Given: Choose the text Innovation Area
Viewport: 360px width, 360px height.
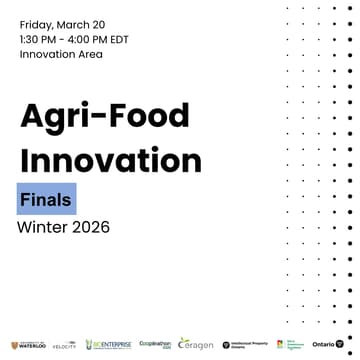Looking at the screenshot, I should click(61, 54).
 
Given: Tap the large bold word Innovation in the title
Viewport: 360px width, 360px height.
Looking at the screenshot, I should click(110, 159).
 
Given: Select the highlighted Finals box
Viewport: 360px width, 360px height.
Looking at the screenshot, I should click(46, 199).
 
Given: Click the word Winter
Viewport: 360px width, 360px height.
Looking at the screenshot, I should click(42, 227).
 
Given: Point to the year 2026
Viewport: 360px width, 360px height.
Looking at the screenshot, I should click(90, 227).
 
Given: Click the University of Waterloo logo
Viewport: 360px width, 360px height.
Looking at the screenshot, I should click(28, 344).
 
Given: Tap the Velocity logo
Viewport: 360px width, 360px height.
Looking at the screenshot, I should click(64, 344).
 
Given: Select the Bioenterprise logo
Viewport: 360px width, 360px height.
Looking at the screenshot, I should click(109, 344).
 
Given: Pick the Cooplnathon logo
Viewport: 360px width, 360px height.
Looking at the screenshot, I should click(155, 343).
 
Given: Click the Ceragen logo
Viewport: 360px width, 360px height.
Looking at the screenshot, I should click(196, 344).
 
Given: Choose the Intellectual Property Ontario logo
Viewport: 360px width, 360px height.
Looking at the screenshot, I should click(246, 344).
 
